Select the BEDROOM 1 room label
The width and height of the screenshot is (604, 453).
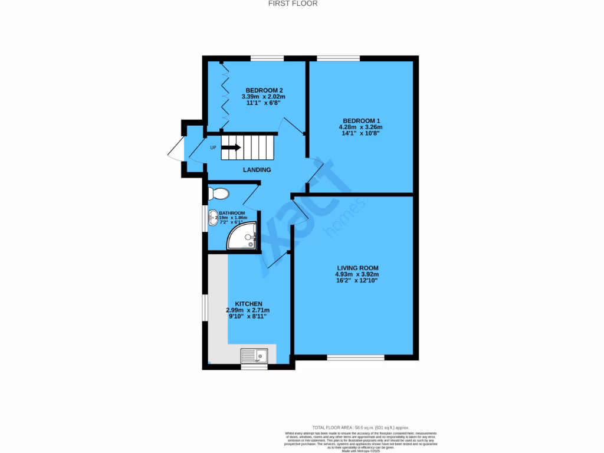pos(360,120)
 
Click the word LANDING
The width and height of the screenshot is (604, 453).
pos(257,170)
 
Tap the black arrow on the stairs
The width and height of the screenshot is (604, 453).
pos(231,147)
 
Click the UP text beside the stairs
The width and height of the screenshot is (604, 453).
pos(213,147)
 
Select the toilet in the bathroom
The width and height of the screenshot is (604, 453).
pos(218,193)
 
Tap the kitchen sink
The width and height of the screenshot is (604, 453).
pos(254,355)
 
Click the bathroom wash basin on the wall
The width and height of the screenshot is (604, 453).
pos(212,219)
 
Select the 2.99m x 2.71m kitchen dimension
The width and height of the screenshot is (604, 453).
pos(248,310)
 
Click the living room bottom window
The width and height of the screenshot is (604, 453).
pos(356,357)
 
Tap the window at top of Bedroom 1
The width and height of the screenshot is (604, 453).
pos(338,58)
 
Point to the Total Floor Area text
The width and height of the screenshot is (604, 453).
pos(360,428)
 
